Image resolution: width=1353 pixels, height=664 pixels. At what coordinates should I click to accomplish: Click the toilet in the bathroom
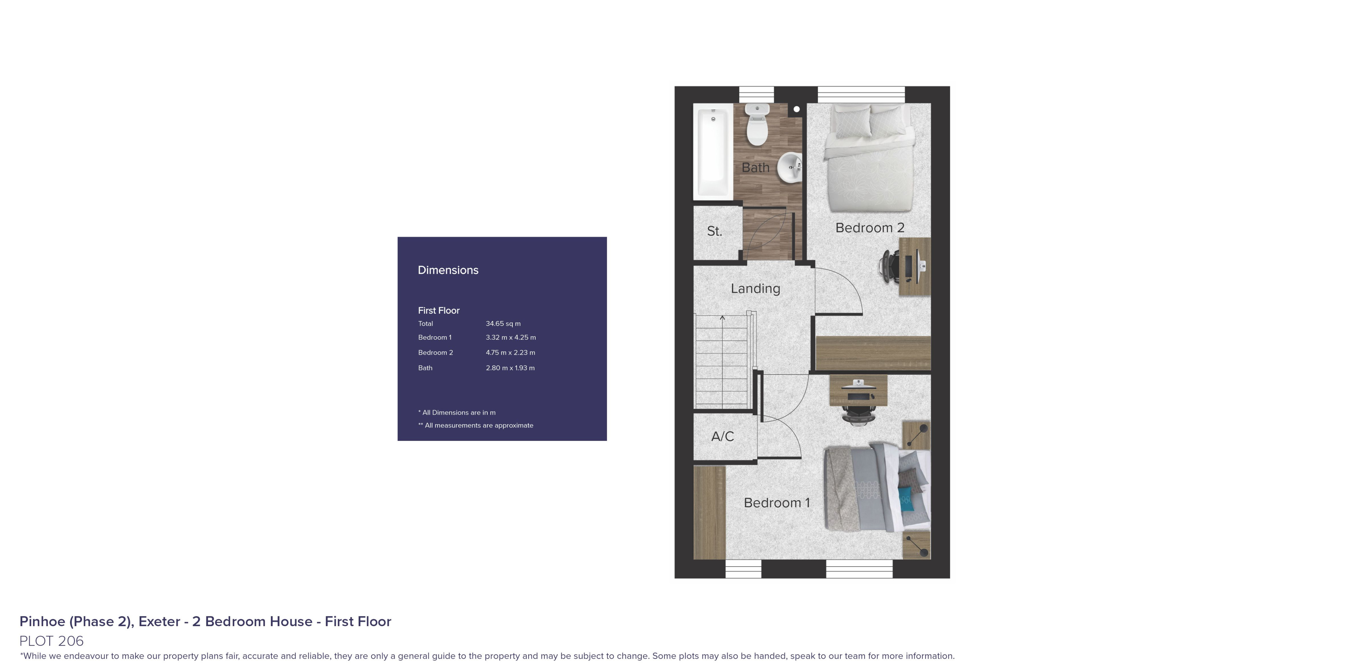(757, 126)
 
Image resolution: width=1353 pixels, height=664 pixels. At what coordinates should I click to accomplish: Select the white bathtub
(713, 152)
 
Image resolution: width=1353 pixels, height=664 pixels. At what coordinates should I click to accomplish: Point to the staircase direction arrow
(722, 318)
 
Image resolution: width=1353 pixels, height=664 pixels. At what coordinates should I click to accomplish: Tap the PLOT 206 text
(51, 641)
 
